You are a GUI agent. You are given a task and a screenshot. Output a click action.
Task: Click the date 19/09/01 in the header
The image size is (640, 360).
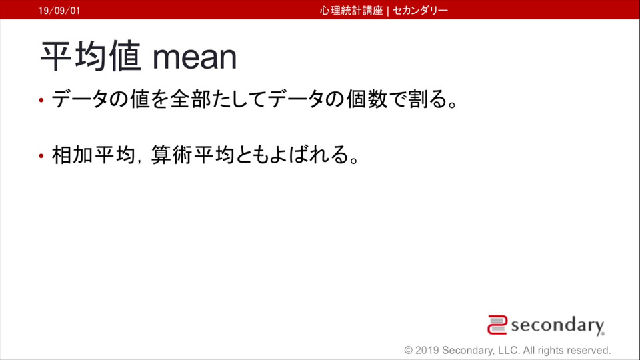point(59,11)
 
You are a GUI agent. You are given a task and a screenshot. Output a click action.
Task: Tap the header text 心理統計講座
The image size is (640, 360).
point(351,11)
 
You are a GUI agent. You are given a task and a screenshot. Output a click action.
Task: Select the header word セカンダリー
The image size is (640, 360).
point(421,11)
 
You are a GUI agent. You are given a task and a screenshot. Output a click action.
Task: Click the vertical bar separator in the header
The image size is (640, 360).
point(388,11)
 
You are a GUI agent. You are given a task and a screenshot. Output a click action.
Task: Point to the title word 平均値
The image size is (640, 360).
point(91,56)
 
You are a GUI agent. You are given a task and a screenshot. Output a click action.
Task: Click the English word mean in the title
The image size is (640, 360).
point(195,58)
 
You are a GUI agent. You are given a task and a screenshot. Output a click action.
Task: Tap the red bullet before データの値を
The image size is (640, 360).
point(41,100)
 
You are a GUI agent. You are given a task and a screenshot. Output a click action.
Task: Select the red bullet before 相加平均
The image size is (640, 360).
point(41,155)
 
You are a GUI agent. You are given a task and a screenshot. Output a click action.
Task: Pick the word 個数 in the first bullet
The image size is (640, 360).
point(367,99)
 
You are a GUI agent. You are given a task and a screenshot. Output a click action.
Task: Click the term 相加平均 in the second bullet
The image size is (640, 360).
point(93,155)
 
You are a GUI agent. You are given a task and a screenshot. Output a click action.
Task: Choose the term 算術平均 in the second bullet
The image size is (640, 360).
point(193,155)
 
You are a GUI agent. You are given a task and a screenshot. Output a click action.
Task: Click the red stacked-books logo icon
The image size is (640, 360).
point(497,325)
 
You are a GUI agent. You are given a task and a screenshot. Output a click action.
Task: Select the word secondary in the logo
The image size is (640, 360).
point(557,325)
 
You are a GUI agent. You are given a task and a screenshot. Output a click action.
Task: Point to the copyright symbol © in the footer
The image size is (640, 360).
point(409,350)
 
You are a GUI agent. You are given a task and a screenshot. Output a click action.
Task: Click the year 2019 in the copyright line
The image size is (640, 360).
point(427,350)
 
